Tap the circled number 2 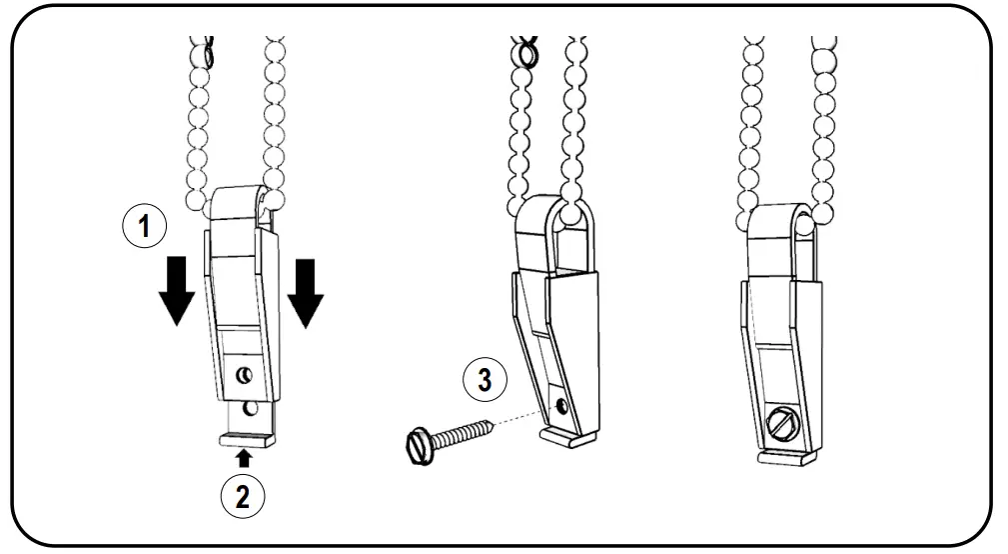tap(242, 497)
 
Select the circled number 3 tap(484, 379)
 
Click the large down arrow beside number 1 tap(174, 290)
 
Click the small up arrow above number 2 tap(242, 458)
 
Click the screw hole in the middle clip tap(561, 406)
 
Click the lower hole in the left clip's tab tap(247, 409)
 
